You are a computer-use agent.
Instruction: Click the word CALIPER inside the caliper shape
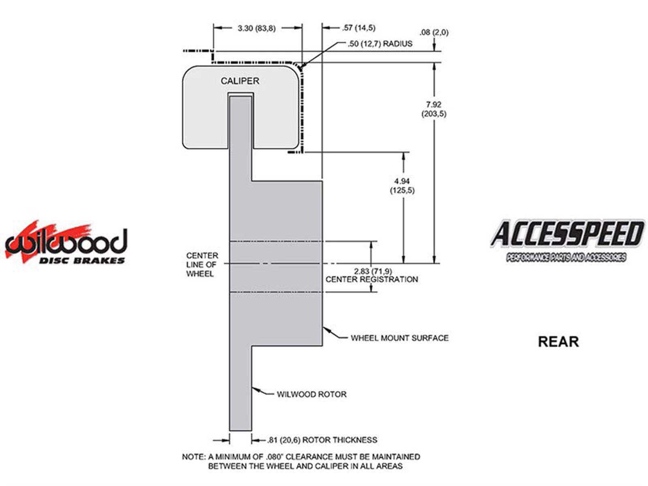pyautogui.click(x=240, y=81)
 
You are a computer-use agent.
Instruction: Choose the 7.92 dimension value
pyautogui.click(x=433, y=104)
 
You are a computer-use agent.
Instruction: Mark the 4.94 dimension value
pyautogui.click(x=402, y=181)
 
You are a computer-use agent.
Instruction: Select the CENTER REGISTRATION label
pyautogui.click(x=371, y=279)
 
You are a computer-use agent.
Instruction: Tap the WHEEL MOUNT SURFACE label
pyautogui.click(x=399, y=338)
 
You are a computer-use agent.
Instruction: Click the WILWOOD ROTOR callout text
pyautogui.click(x=311, y=394)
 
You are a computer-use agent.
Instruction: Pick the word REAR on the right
pyautogui.click(x=558, y=341)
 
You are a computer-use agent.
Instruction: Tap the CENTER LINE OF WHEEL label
pyautogui.click(x=202, y=265)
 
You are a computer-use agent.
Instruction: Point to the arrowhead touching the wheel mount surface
pyautogui.click(x=325, y=329)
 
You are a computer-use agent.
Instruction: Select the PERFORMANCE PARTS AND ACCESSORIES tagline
pyautogui.click(x=566, y=258)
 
